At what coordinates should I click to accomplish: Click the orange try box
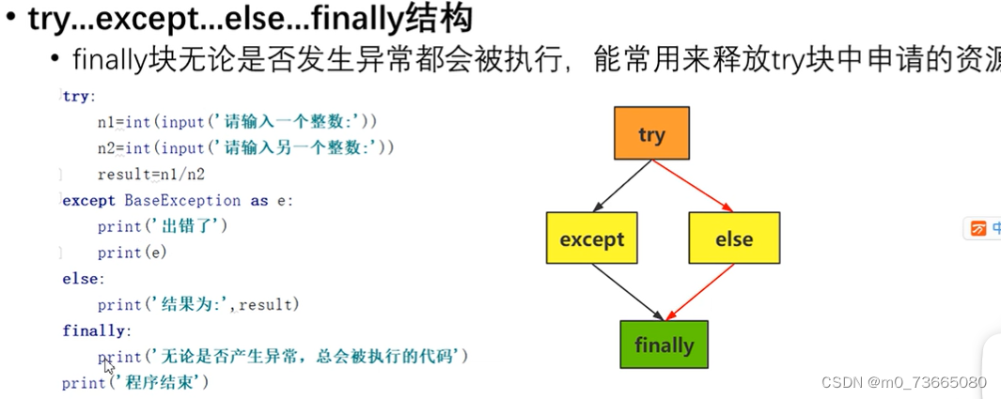click(x=651, y=133)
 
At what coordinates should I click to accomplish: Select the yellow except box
click(x=591, y=238)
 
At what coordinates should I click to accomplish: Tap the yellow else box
click(x=733, y=238)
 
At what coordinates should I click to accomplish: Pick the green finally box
click(x=664, y=345)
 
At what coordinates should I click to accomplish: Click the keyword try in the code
click(x=78, y=96)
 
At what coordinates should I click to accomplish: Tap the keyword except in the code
click(x=87, y=200)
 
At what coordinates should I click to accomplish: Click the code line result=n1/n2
click(x=150, y=175)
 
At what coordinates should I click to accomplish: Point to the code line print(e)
click(x=132, y=253)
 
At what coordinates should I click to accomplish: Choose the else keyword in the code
click(x=81, y=279)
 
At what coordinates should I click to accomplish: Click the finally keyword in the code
click(x=94, y=330)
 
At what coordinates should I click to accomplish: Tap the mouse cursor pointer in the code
click(x=109, y=366)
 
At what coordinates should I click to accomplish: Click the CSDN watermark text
click(x=903, y=382)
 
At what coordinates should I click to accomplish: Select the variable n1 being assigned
click(x=105, y=122)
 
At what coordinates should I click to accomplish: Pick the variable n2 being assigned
click(x=105, y=148)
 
